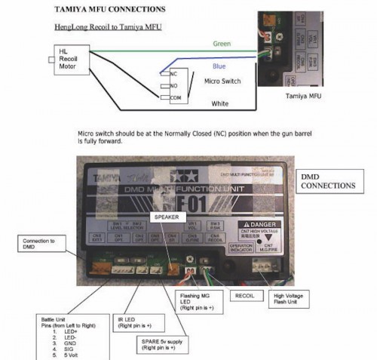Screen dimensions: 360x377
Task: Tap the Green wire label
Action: (222, 44)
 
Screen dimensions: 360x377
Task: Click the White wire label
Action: (221, 103)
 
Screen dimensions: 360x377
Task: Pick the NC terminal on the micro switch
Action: (173, 75)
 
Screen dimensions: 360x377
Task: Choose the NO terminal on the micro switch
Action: (173, 86)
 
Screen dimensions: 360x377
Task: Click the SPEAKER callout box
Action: (167, 217)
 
